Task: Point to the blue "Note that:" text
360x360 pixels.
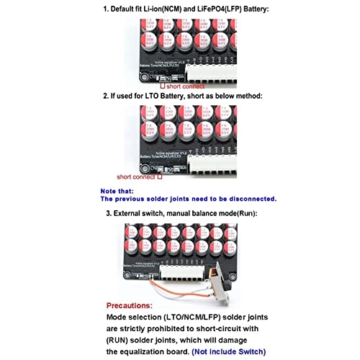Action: pos(118,191)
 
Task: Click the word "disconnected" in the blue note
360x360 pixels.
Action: pos(248,199)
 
